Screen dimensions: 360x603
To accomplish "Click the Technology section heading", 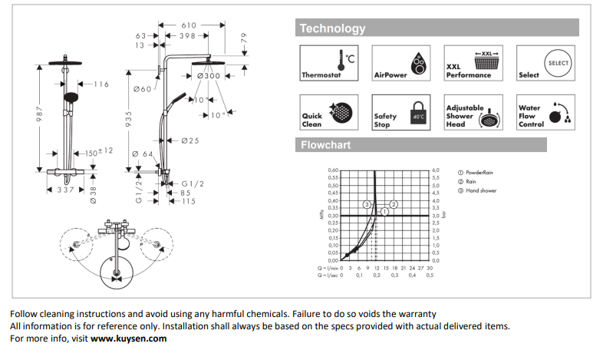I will click(332, 29).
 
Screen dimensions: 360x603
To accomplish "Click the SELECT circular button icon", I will click(559, 61).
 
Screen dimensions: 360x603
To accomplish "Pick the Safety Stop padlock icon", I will click(418, 112).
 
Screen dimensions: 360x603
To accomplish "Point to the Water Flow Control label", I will click(530, 116).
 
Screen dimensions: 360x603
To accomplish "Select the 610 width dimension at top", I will click(188, 25).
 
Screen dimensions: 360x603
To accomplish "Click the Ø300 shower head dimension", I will click(208, 76).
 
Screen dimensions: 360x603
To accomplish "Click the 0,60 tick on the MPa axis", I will click(333, 170).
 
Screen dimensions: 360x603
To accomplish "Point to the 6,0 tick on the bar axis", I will click(436, 170).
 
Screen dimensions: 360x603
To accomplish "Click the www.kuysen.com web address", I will click(128, 339).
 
